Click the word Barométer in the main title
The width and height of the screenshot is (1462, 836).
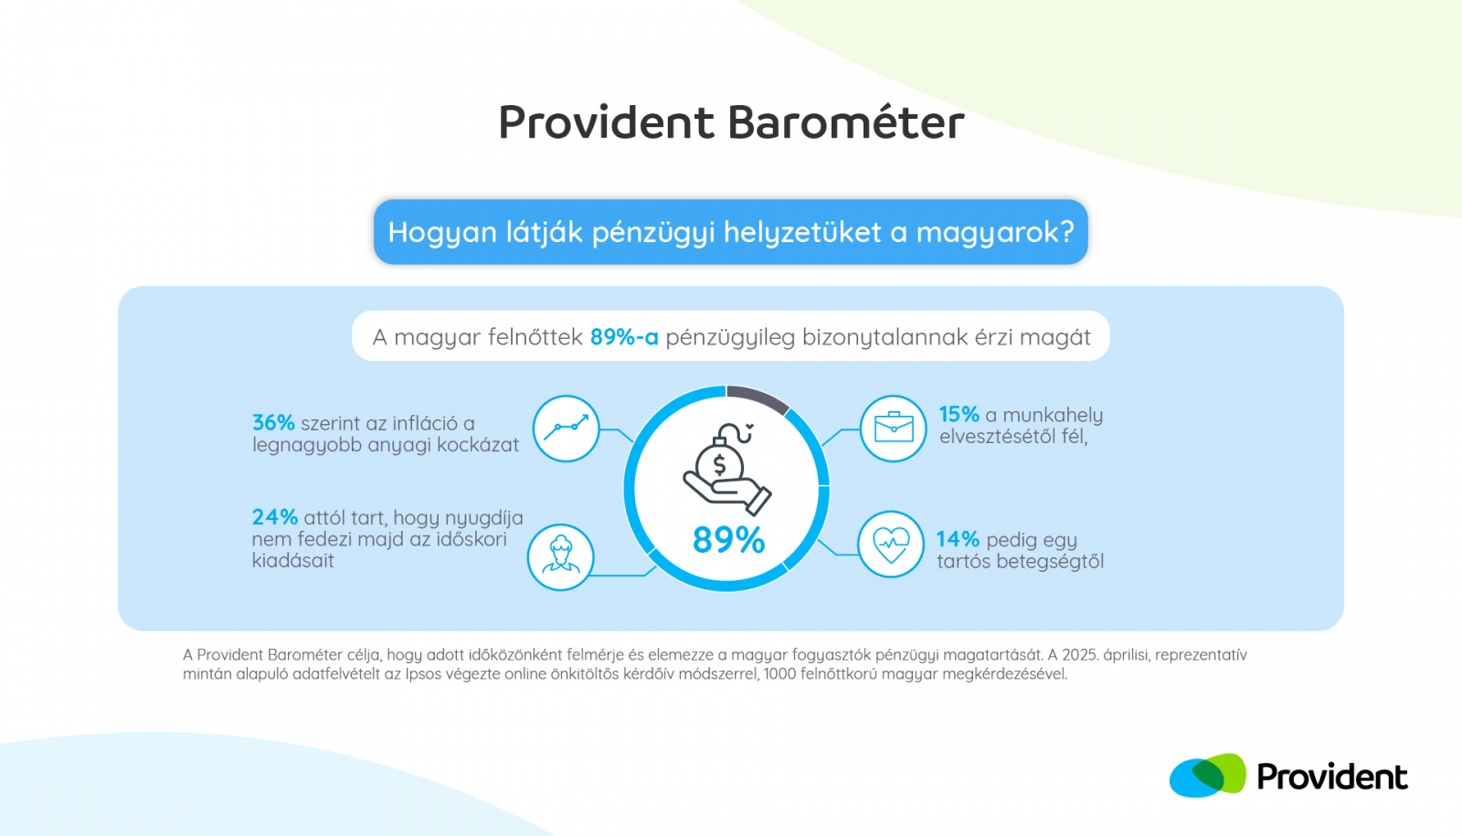[846, 122]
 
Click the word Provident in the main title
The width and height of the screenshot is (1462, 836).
[607, 122]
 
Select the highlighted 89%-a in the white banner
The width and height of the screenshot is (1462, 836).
[624, 337]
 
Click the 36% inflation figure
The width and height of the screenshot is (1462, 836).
[273, 423]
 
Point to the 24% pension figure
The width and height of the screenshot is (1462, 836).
[275, 517]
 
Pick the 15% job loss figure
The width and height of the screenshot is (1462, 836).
[959, 415]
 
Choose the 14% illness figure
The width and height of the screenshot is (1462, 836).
[958, 539]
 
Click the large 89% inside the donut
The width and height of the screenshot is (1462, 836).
[728, 540]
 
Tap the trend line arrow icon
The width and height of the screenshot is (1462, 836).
[567, 428]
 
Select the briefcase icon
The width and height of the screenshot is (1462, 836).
[894, 428]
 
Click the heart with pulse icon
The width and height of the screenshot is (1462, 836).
[892, 545]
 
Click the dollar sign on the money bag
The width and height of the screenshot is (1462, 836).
[719, 465]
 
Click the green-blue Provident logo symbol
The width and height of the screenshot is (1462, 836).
[1207, 776]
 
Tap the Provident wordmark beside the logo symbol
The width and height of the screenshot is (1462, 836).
[1332, 777]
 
